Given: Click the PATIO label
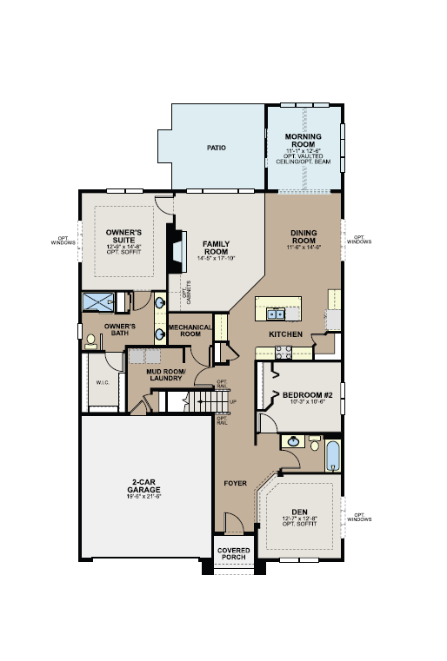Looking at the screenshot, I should [x=217, y=149].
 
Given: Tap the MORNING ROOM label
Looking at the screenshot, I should [x=303, y=141].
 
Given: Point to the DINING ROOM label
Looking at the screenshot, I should [x=304, y=237].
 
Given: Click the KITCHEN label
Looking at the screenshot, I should [x=285, y=334].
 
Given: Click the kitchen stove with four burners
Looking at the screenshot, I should [x=284, y=352].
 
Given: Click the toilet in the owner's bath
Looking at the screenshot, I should [x=91, y=344].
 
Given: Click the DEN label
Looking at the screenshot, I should [x=300, y=513].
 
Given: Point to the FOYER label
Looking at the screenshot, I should [x=235, y=483].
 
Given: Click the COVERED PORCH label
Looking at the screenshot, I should [x=233, y=552].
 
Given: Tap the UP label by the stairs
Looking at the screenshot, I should [x=231, y=401].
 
